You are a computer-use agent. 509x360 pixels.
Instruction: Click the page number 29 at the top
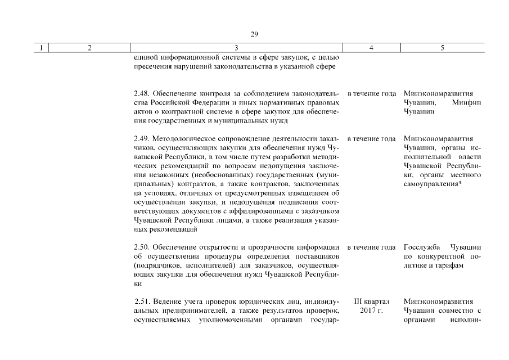pos(254,35)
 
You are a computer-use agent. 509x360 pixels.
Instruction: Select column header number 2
pos(90,48)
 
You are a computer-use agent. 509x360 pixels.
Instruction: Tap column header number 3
pos(236,48)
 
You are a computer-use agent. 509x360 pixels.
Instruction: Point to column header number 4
pos(371,48)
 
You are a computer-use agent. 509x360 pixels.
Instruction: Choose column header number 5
pos(442,48)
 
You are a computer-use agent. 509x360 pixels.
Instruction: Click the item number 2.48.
pos(142,93)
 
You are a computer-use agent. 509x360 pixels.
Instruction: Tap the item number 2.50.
pos(142,247)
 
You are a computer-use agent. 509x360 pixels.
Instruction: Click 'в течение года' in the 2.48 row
pos(371,93)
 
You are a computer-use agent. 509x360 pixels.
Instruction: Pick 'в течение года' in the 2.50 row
pos(371,247)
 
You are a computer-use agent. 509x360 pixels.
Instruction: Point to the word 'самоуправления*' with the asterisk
pos(433,184)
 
